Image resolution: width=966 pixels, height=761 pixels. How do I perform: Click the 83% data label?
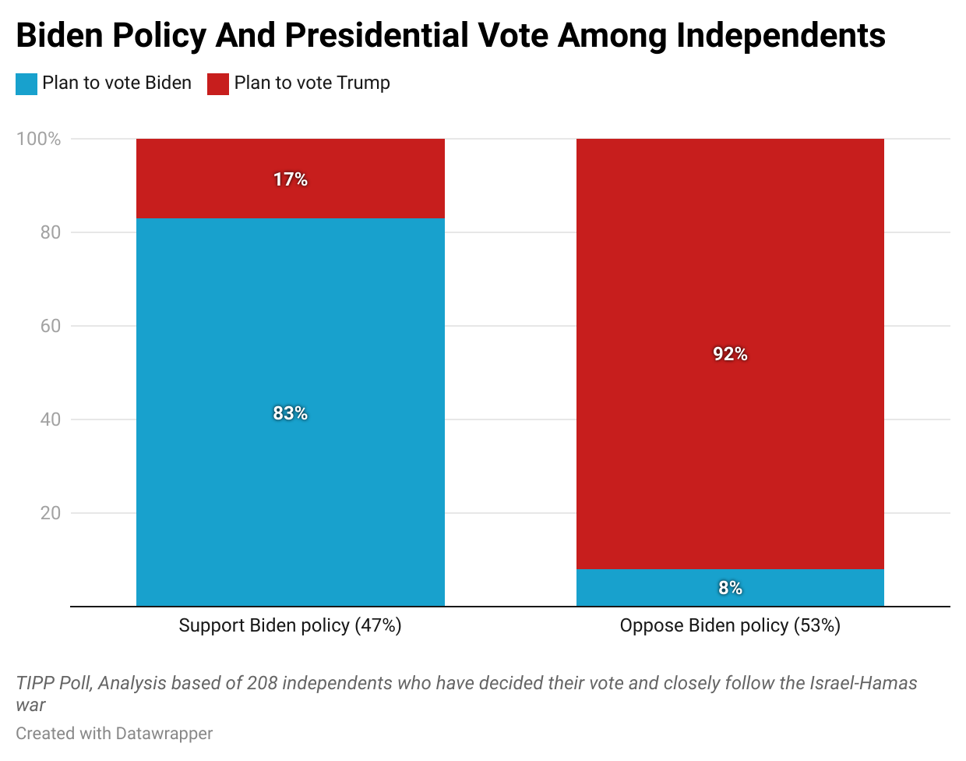click(x=291, y=413)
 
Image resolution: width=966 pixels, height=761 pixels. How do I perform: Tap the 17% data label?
click(x=291, y=179)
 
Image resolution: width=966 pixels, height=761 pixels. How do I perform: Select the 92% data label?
click(x=730, y=354)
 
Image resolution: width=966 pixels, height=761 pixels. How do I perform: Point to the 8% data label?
click(x=730, y=588)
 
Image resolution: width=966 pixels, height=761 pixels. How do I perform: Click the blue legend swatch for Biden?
click(x=26, y=83)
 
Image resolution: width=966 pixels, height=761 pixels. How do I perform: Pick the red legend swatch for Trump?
click(x=218, y=83)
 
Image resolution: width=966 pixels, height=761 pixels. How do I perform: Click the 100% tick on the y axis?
click(x=39, y=139)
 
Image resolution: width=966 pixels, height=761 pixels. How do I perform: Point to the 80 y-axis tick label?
click(x=51, y=232)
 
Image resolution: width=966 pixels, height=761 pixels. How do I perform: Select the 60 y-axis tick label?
click(x=51, y=326)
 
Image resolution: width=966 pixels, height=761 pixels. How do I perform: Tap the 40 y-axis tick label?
click(x=51, y=419)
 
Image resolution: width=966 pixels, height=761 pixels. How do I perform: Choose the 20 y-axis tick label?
click(x=51, y=513)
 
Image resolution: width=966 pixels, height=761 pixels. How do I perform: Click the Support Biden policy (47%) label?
click(x=290, y=625)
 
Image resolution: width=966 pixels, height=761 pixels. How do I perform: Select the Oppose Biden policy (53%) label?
click(x=730, y=625)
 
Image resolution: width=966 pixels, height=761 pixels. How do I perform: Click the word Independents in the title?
click(x=781, y=35)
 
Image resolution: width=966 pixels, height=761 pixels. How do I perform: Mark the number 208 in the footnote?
click(x=262, y=683)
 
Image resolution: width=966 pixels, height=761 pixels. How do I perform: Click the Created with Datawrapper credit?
click(x=115, y=734)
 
